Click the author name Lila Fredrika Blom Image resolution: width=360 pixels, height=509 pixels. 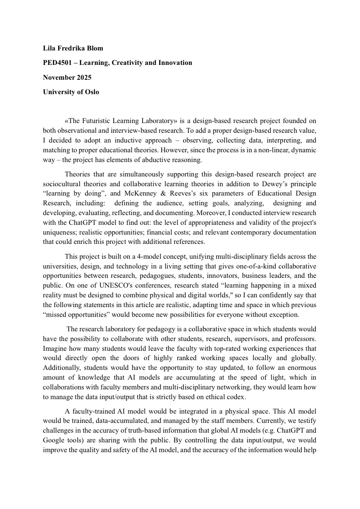(x=73, y=48)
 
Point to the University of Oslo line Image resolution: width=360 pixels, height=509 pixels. (x=71, y=92)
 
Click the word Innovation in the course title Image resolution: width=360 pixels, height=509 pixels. (x=175, y=63)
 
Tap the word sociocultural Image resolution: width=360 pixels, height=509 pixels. (x=63, y=184)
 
